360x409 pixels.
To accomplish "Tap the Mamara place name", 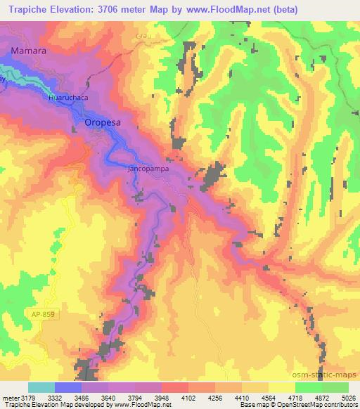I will pos(28,51).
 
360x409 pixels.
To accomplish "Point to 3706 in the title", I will pos(122,10).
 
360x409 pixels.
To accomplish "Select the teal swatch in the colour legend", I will pos(41,387).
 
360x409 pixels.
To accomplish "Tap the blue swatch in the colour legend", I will pos(68,387).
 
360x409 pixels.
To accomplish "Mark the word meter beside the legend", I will pos(11,398).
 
